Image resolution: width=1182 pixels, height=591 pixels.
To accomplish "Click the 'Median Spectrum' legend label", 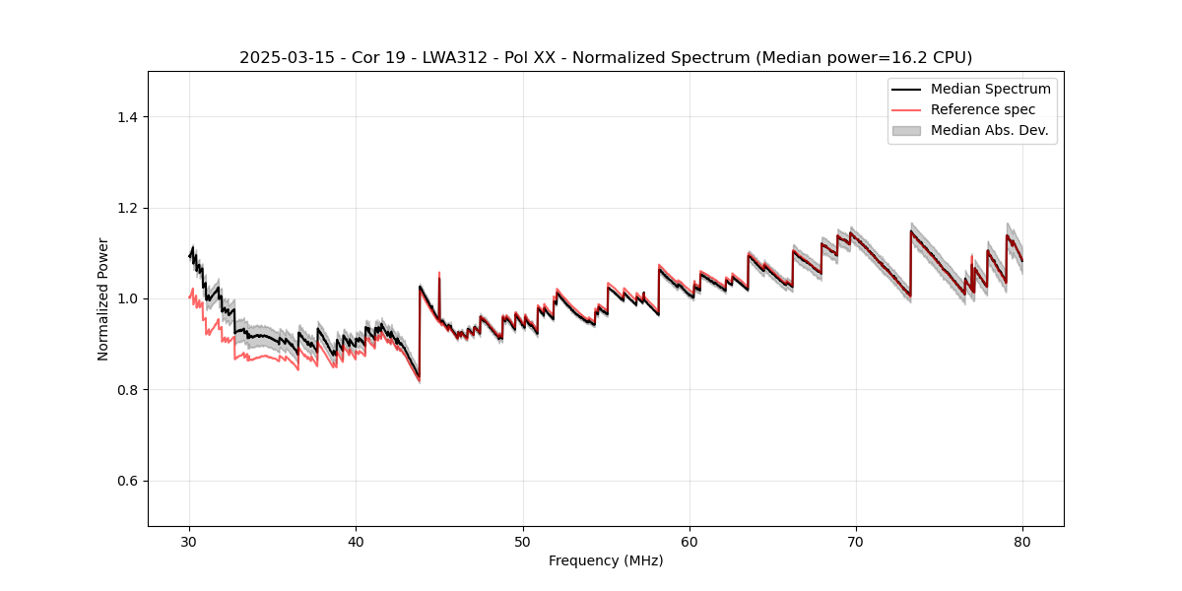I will click(990, 89).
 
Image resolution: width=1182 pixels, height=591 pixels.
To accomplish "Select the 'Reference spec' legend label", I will click(982, 109).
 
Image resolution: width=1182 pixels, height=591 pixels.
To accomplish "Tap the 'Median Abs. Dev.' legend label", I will click(989, 130).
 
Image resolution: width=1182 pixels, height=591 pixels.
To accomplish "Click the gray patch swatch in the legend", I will click(906, 130).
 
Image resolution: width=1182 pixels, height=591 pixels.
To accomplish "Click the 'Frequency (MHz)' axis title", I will click(606, 560).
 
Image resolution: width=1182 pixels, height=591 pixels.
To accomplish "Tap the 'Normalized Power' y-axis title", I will click(103, 298).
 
